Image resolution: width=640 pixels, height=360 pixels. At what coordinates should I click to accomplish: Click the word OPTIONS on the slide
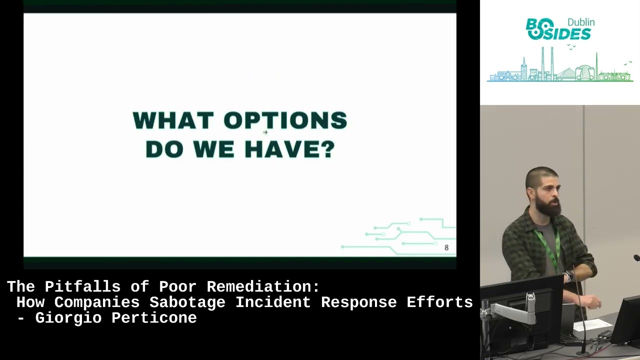click(285, 120)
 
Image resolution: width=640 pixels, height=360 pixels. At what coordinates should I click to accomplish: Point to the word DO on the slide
click(164, 149)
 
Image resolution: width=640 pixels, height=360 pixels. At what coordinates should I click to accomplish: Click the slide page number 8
click(446, 247)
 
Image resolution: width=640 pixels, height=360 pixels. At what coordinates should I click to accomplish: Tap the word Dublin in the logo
click(581, 22)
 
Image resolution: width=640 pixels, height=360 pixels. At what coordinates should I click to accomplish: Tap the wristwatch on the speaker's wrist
click(568, 276)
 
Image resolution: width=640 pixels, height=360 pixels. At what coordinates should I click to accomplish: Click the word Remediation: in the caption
click(263, 287)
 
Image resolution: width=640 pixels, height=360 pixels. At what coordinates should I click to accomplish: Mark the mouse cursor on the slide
click(265, 132)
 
